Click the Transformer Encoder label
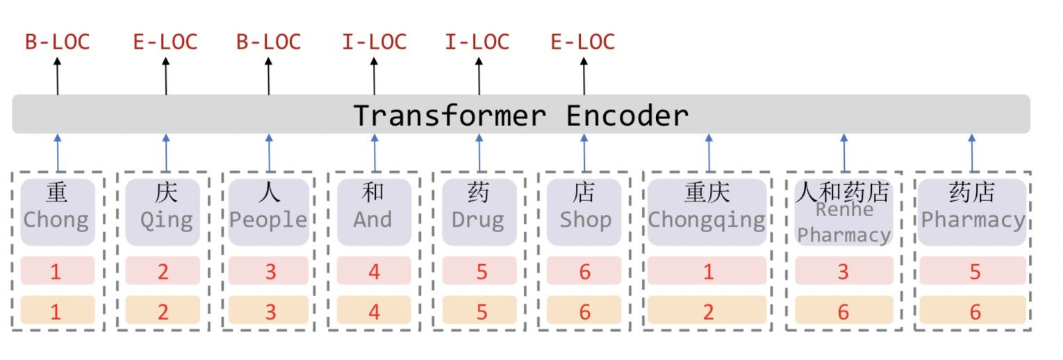521,115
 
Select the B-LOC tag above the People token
268,42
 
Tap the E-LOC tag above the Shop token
582,42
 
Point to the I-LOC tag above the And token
374,42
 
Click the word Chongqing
707,220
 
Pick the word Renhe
843,208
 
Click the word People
268,220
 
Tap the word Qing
166,220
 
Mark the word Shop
585,220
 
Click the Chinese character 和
374,193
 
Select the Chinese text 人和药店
843,191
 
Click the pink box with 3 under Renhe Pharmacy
843,271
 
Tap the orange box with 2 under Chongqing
707,311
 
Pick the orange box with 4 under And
374,311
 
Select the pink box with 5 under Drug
480,271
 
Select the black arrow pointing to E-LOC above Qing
166,76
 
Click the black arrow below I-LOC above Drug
479,76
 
